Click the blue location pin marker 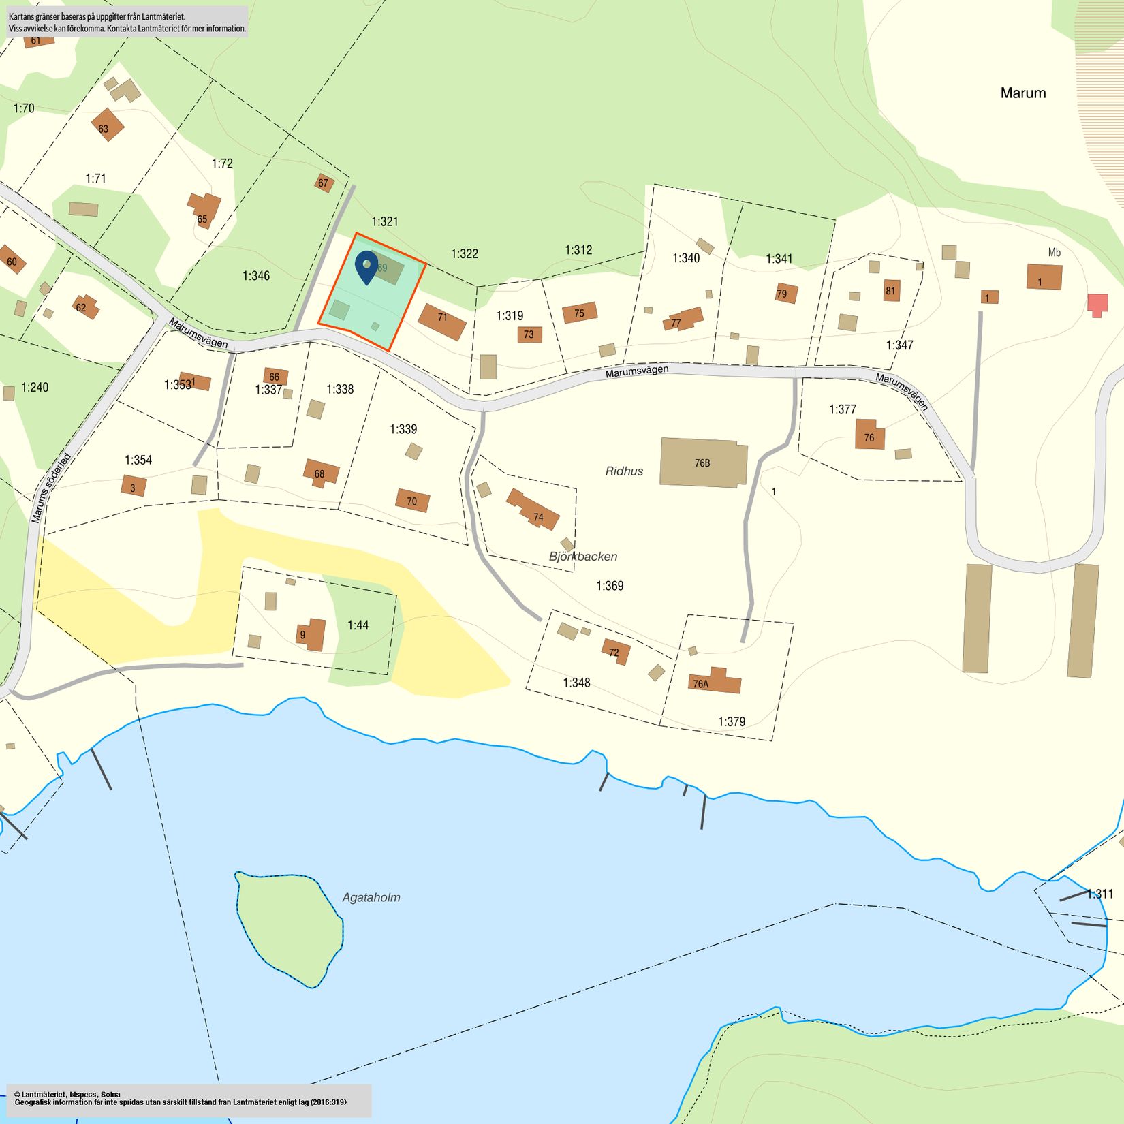tap(366, 266)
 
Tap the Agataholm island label tap(371, 897)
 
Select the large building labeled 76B tap(703, 463)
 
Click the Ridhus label tap(624, 471)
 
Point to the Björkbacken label tap(583, 556)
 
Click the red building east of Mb tap(1097, 304)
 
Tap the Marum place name tap(1022, 93)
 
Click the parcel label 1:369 tap(609, 585)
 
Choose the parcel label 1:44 tap(358, 625)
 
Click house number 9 tap(311, 634)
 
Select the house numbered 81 tap(891, 290)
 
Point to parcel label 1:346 tap(256, 275)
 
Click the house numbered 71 tap(442, 322)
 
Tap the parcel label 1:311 tap(1099, 894)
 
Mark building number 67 tap(324, 183)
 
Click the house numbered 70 tap(412, 501)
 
